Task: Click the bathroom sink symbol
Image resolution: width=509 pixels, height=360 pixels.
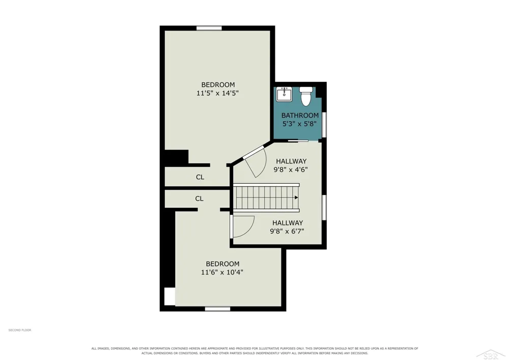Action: coord(284,94)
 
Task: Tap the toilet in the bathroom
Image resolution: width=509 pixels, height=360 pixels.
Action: coord(305,96)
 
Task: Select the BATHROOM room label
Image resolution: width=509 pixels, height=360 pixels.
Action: coord(300,115)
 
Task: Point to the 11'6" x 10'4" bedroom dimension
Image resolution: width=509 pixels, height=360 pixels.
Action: coord(222,272)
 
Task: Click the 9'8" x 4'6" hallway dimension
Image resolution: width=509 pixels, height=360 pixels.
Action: coord(291,170)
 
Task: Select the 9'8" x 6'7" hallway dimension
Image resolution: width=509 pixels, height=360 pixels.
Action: coord(287,232)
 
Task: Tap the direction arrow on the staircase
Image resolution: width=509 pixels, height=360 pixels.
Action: coord(296,198)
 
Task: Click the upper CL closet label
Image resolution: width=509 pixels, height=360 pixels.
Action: coord(200,177)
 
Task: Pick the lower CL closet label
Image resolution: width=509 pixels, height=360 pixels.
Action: coord(200,199)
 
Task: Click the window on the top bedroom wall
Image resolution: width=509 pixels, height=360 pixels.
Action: coord(209,28)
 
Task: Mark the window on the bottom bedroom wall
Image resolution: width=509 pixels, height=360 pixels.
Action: coord(217,309)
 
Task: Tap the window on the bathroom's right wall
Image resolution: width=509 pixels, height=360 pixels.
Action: coord(324,125)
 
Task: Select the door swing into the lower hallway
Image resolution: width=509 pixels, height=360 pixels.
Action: coord(243,227)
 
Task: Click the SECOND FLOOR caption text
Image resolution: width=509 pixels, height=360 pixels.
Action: coord(20,330)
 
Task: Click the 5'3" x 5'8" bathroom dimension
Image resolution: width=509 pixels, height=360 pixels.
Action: coord(299,124)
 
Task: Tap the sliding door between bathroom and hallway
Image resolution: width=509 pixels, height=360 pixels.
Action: coord(298,141)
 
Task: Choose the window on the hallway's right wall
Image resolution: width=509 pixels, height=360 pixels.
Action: coord(324,207)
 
